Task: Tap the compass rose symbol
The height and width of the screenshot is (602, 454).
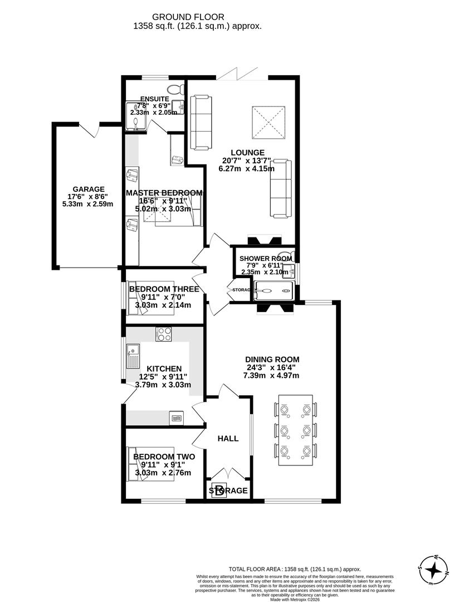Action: [x=433, y=570]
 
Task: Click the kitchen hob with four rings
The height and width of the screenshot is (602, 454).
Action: [x=164, y=334]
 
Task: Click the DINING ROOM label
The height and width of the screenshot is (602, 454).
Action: [x=271, y=360]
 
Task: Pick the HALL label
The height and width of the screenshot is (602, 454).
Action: [x=228, y=439]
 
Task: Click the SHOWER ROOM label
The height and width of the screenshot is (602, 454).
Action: [x=265, y=259]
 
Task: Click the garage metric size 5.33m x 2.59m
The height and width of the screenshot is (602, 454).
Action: [x=88, y=204]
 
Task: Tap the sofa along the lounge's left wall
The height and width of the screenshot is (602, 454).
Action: [x=201, y=122]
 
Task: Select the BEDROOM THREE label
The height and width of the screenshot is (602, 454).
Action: [x=164, y=289]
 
